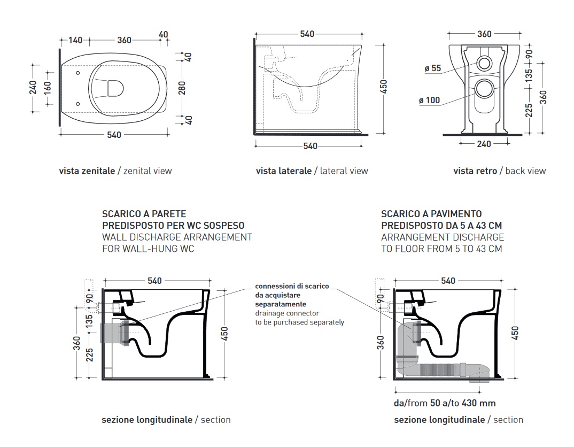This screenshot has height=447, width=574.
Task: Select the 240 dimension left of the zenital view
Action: [33, 88]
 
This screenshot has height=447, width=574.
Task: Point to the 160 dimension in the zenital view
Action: [47, 88]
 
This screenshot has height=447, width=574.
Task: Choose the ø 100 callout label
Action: [430, 101]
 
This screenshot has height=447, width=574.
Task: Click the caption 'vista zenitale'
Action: [87, 171]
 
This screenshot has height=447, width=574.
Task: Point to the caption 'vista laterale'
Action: [283, 171]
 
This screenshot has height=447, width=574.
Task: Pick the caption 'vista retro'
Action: [475, 171]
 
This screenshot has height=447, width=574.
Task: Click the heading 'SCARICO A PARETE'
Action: [144, 214]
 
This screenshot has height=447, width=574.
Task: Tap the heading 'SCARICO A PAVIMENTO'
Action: [431, 214]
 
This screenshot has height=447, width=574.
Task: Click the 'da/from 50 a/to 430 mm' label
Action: [445, 403]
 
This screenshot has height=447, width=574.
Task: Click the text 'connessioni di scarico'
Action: [292, 286]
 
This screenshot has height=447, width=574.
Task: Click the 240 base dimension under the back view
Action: [484, 143]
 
